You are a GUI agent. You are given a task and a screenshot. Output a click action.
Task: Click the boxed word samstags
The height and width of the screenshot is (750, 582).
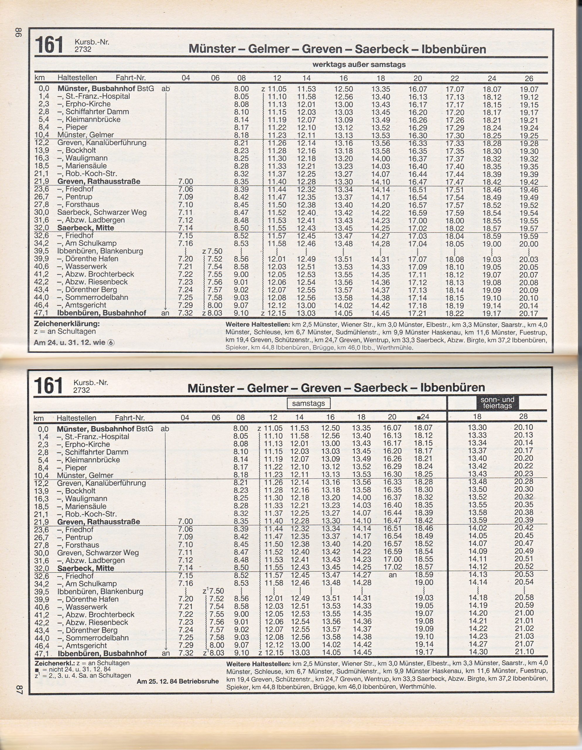308,403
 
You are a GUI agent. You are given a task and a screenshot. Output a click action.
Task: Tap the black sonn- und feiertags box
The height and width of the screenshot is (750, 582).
497,403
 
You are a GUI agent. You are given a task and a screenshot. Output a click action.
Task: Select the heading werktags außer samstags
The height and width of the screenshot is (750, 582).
359,64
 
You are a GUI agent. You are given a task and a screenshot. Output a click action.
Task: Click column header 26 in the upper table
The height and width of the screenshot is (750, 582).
529,78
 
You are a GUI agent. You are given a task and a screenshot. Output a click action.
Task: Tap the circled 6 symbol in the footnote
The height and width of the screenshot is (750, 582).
111,343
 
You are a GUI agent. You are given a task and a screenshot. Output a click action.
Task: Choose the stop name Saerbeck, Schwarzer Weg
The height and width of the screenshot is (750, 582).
102,213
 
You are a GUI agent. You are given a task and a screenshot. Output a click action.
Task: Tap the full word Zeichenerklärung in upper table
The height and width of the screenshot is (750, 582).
66,324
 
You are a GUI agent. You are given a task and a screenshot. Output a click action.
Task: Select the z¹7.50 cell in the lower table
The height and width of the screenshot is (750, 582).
213,591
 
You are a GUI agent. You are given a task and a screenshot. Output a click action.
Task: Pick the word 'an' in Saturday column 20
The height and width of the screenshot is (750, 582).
392,575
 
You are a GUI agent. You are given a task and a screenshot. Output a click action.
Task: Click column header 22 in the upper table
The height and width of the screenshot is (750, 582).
454,78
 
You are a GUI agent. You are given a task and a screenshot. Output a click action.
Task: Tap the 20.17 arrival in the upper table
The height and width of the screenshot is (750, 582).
528,313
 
